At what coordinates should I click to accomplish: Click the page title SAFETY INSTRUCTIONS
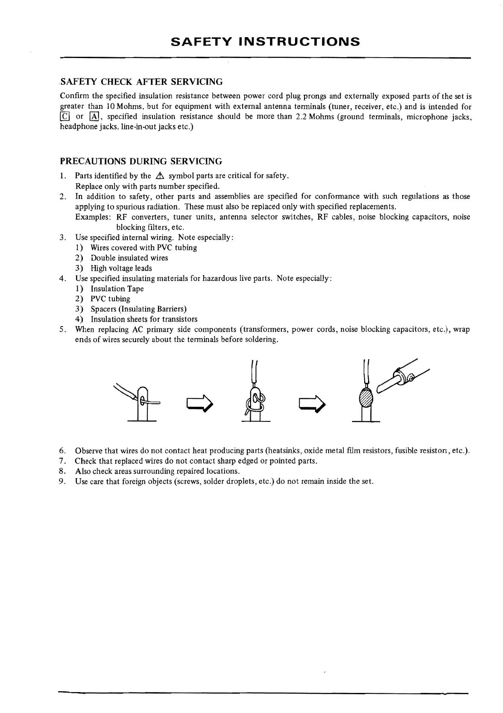[x=265, y=41]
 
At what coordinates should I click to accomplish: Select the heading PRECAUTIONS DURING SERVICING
[x=141, y=161]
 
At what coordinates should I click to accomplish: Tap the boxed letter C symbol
[x=64, y=117]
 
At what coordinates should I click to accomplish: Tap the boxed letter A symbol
[x=94, y=117]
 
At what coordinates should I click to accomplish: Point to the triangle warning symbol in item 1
[x=160, y=176]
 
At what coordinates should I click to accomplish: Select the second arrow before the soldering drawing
[x=313, y=402]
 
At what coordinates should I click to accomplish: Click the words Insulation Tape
[x=117, y=289]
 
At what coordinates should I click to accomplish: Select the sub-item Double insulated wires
[x=129, y=258]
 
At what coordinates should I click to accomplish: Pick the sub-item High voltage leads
[x=121, y=268]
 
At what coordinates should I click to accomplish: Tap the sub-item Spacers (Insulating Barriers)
[x=138, y=309]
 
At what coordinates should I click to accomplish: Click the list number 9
[x=62, y=482]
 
